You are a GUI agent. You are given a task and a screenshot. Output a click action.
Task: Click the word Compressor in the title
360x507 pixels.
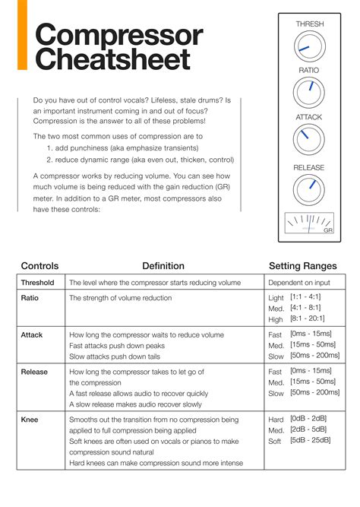119,35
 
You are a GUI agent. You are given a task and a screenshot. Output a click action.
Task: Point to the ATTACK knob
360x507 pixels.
309,139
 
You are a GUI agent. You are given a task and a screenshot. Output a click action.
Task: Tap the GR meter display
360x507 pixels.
309,222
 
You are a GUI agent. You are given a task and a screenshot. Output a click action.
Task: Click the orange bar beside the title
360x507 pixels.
22,35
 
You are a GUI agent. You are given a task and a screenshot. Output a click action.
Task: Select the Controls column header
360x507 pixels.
40,266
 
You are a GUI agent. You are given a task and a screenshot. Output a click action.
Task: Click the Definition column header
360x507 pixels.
163,266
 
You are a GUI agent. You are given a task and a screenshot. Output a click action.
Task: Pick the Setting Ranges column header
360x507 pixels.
305,266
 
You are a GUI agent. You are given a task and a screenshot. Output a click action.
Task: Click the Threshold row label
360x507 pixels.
37,283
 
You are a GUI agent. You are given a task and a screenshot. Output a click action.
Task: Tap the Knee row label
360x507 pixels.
30,419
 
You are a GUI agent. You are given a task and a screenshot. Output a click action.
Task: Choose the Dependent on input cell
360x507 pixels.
304,283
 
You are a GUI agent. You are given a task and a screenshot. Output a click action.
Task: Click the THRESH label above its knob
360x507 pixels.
309,24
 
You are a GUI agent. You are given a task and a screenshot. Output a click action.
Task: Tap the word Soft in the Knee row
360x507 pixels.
276,441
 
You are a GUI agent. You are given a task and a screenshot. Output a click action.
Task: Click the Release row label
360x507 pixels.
34,372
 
